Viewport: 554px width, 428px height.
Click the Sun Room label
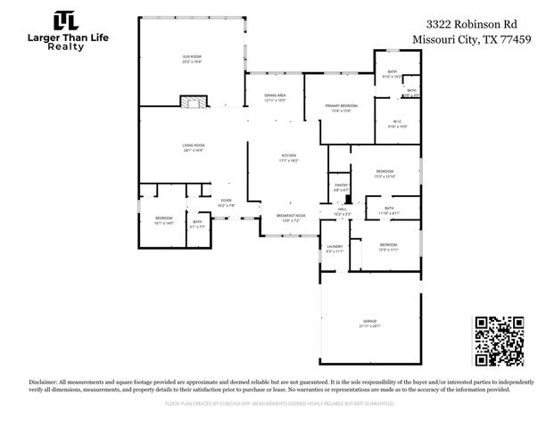(x=193, y=58)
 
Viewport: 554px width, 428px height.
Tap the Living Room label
(x=194, y=148)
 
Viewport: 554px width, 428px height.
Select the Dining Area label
(x=275, y=97)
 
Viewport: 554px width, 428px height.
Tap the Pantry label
(x=341, y=186)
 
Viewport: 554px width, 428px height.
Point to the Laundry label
(x=335, y=249)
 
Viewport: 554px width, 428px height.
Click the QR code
(x=498, y=341)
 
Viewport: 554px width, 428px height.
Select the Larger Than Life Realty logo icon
(x=65, y=21)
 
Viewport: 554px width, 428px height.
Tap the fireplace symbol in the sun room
(x=190, y=102)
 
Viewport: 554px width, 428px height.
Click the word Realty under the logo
(x=66, y=46)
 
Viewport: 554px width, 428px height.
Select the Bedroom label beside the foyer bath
(x=164, y=219)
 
